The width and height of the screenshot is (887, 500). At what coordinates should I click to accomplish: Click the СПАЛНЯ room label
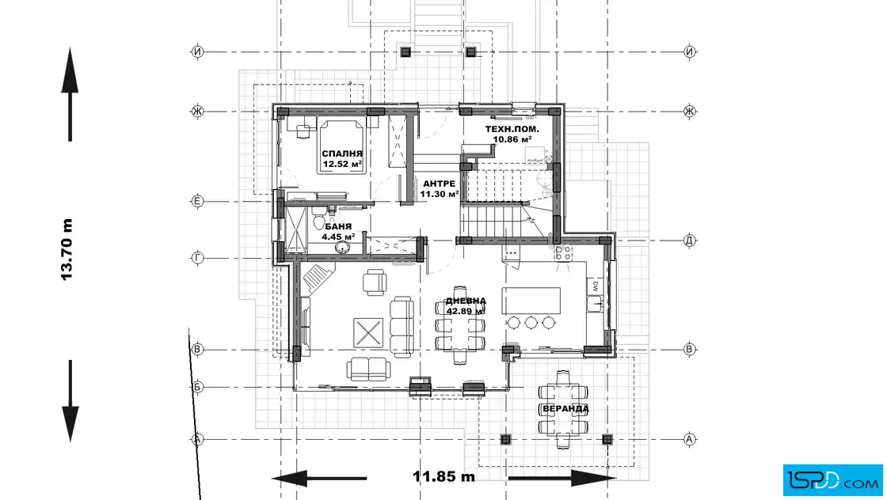pos(342,153)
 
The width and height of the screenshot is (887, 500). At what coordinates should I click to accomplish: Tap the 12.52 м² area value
pos(342,165)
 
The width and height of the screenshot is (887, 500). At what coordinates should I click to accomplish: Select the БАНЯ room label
pos(338,226)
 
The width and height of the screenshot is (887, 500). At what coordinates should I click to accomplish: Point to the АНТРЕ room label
pos(439,184)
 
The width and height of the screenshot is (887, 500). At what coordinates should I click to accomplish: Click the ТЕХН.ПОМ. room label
pos(512,129)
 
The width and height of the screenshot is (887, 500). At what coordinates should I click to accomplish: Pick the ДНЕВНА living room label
pos(466,301)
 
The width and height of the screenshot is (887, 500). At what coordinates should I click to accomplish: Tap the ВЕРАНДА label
pos(565,408)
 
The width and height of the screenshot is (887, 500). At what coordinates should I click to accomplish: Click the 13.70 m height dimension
pos(67,249)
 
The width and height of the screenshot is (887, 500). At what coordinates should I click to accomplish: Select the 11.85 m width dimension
pos(444,476)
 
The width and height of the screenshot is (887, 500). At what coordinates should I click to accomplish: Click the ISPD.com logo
pos(832,480)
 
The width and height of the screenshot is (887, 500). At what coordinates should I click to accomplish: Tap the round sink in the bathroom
pos(342,247)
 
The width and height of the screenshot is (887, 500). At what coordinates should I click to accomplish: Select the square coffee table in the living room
pos(368,333)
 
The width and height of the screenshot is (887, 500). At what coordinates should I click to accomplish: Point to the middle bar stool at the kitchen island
pos(531,323)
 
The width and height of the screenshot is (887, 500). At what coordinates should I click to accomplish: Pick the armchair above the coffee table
pos(375,282)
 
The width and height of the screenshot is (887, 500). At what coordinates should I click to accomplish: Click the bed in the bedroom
pos(341,146)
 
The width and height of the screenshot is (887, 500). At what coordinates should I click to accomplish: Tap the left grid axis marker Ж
pos(197,112)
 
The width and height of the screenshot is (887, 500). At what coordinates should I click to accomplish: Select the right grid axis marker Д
pos(690,241)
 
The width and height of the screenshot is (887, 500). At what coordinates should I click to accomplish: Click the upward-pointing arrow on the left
pos(70,94)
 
